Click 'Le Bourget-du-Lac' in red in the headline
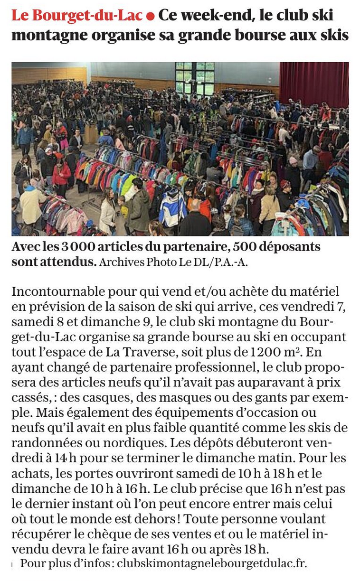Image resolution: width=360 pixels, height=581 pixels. (x=77, y=16)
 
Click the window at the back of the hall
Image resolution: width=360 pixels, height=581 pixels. (x=195, y=78)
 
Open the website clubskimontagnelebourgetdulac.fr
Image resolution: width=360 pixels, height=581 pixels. (x=212, y=563)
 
